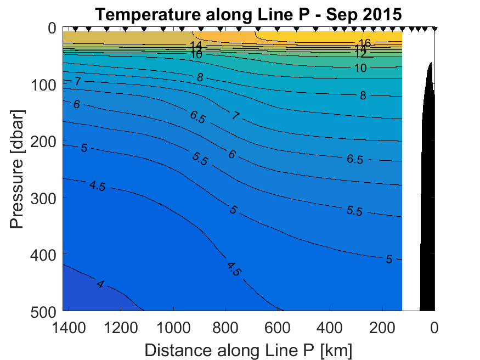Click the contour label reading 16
click(364, 43)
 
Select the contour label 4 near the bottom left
click(100, 284)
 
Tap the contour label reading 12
click(360, 54)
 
